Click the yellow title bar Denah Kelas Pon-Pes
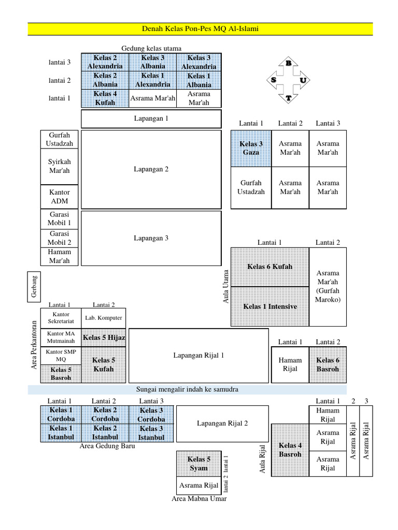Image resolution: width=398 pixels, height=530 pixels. (200, 29)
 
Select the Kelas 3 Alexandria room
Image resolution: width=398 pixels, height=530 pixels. (199, 62)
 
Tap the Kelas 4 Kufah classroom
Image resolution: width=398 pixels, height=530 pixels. (105, 98)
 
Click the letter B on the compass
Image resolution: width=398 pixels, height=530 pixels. (288, 63)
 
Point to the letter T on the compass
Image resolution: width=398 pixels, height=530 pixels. (288, 98)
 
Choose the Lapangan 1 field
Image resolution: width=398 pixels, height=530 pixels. (151, 119)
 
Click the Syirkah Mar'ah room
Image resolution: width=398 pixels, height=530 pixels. (59, 166)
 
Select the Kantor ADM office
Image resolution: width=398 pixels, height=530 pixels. (59, 197)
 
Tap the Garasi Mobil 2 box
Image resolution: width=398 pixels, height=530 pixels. (59, 238)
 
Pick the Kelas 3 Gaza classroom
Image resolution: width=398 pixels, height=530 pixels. (251, 148)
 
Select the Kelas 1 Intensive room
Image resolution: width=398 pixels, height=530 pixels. (270, 306)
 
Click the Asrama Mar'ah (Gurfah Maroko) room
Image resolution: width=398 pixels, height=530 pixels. (328, 286)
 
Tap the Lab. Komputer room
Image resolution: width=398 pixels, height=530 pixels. (103, 318)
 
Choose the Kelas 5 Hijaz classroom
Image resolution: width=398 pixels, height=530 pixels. (104, 337)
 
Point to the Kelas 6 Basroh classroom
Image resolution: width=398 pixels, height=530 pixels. (328, 364)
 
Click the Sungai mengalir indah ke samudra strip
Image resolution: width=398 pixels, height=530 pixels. (187, 389)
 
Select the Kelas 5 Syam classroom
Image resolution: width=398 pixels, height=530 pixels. (198, 463)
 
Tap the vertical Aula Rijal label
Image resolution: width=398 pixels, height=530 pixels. (262, 459)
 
